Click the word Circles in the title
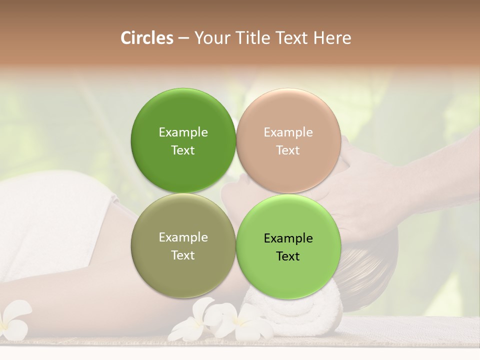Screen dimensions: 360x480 pos(147,38)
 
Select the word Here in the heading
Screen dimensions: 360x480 pos(332,38)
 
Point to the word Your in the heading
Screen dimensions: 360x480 pos(212,38)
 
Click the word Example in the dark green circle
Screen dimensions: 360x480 pos(183,132)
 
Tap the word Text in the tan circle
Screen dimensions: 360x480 pos(288,150)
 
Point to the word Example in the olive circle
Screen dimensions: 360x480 pos(183,237)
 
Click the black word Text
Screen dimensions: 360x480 pos(288,256)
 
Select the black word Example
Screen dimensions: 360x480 pos(288,238)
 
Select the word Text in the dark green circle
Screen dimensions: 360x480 pos(183,150)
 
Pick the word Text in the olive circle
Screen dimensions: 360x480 pos(183,255)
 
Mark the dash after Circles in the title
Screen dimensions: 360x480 pos(183,38)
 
